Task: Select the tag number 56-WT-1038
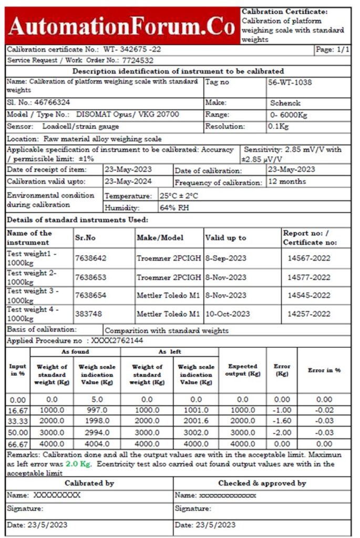pos(289,82)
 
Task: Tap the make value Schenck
pos(285,103)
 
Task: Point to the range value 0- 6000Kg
pos(289,115)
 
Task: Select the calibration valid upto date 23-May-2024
pos(128,181)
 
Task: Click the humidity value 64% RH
pos(175,208)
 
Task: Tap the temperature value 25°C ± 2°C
pos(182,195)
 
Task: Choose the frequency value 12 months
pos(287,181)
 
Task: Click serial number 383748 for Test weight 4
pos(88,314)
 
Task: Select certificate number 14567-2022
pos(308,258)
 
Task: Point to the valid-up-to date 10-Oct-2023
pos(227,314)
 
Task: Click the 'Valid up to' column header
pos(225,237)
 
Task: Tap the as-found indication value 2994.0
pos(97,432)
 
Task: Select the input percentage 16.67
pos(18,410)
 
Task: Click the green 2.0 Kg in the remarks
pos(78,464)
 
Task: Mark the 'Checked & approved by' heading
pos(262,483)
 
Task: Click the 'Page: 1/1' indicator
pos(332,49)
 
